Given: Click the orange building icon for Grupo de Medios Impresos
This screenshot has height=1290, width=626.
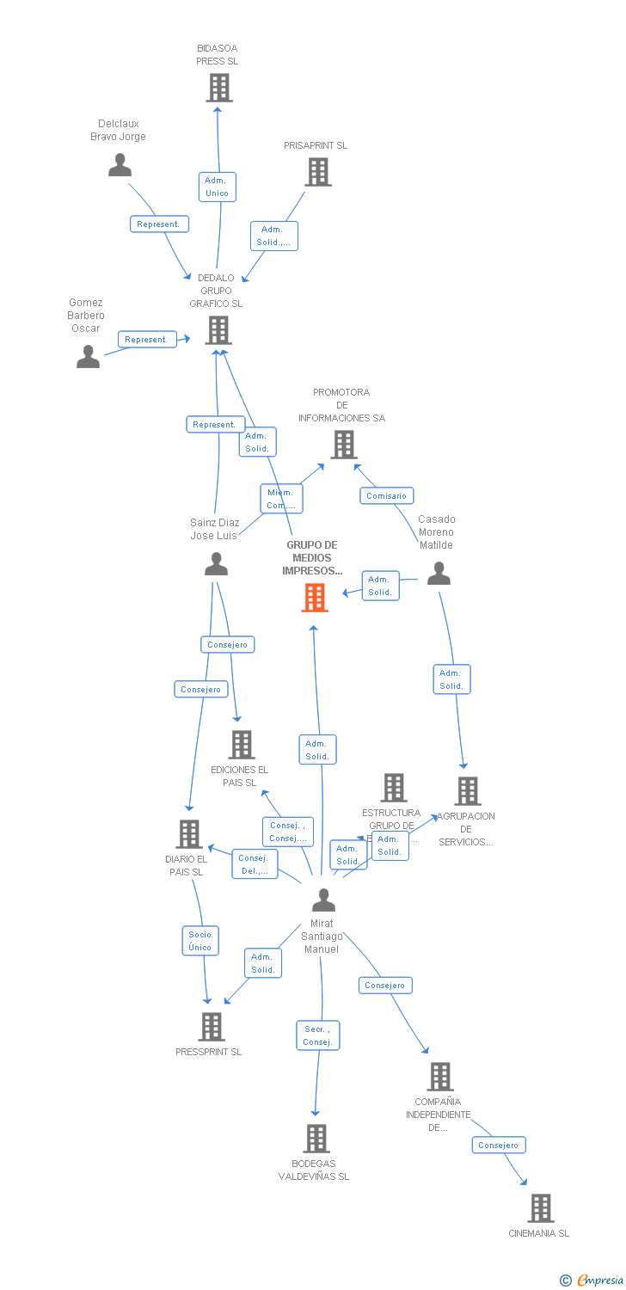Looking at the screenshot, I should coord(315,598).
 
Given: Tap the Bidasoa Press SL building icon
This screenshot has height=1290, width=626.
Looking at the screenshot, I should coord(219,88).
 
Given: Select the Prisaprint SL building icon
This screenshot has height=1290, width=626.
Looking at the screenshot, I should coord(318,172).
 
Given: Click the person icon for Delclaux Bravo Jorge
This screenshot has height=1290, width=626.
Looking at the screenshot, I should coord(120,165).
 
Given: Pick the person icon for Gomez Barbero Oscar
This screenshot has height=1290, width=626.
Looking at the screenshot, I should coord(88,356).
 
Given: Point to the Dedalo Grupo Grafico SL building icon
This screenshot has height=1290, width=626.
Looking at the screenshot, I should coord(218,330).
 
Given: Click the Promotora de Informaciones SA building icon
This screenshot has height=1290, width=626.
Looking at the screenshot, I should coord(344,445).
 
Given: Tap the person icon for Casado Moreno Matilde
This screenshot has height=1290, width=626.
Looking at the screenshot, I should coord(439,574).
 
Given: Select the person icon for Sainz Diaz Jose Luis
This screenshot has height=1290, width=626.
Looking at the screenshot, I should coord(216,564).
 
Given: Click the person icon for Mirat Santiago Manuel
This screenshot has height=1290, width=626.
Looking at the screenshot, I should coord(323,900).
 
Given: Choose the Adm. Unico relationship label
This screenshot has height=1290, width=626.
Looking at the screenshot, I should coord(217,187).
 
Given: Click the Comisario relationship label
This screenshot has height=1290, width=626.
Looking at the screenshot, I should coord(387,495).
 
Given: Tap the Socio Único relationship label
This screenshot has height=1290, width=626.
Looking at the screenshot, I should coord(200,941).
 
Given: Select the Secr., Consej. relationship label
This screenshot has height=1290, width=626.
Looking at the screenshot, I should coord(317,1035).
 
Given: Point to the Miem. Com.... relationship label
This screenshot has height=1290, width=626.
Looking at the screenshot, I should coord(280,499).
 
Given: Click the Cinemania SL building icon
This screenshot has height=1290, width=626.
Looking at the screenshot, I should coord(540,1208).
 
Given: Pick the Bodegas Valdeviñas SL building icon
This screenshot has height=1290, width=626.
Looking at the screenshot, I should coord(316,1139).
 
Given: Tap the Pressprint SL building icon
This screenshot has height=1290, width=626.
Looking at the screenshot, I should coord(212,1027).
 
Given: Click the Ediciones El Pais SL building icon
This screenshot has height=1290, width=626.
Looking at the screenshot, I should coord(242,745).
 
